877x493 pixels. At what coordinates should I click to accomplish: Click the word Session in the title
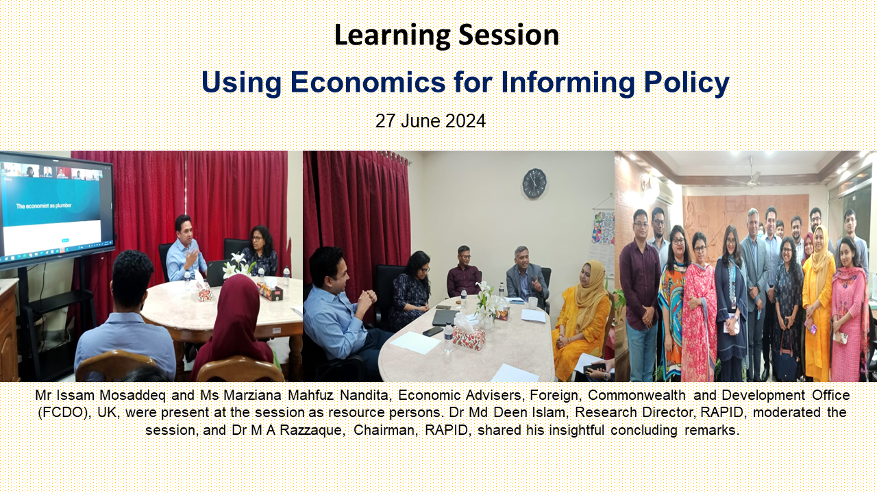click(508, 35)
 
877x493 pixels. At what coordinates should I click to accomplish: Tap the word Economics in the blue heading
click(368, 82)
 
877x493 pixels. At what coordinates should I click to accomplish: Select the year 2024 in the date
click(465, 121)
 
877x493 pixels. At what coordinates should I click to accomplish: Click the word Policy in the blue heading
click(687, 83)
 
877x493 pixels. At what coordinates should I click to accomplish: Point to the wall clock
click(534, 183)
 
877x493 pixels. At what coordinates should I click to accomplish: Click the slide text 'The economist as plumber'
click(44, 206)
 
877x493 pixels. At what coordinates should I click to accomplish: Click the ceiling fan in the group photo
click(750, 175)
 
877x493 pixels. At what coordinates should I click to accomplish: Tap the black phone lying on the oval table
click(433, 331)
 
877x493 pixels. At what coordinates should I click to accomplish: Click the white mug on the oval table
click(533, 303)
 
